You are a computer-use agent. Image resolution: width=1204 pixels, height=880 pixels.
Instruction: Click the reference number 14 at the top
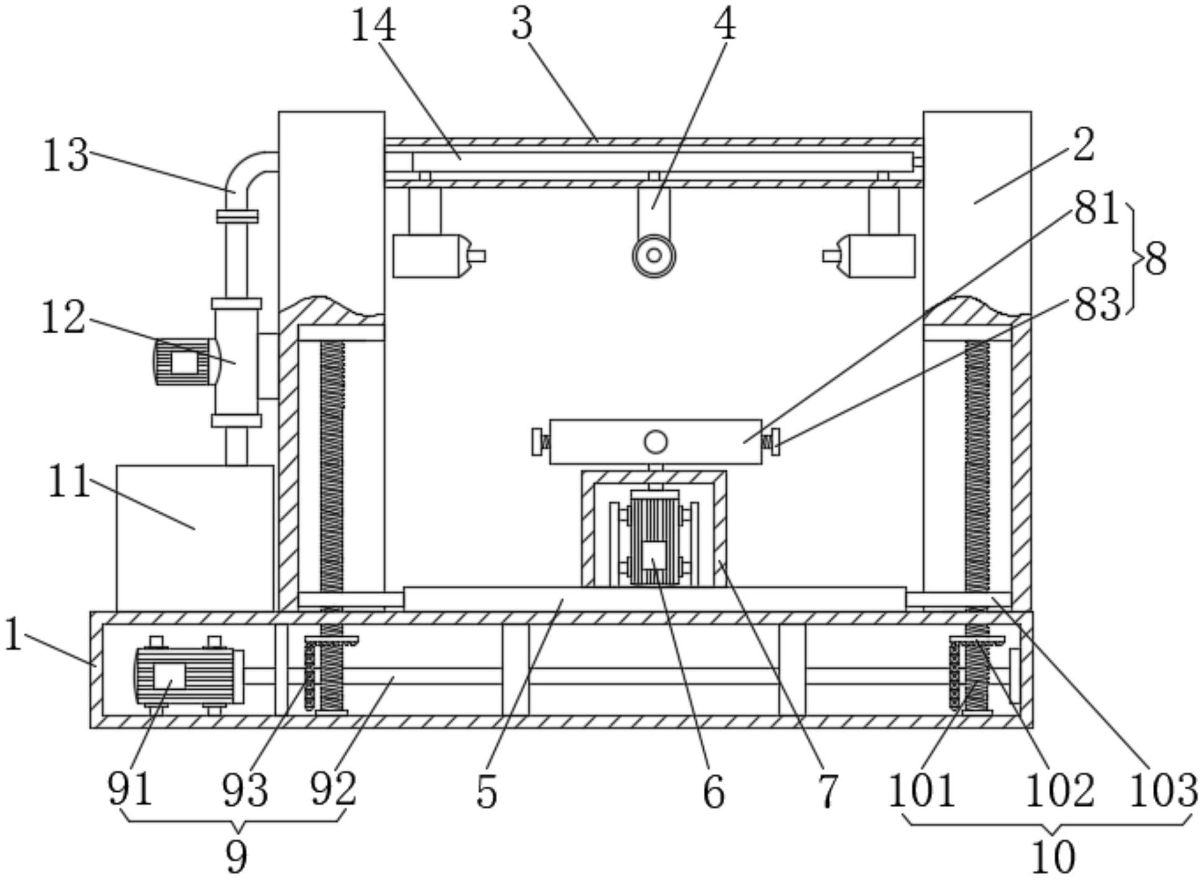click(x=373, y=26)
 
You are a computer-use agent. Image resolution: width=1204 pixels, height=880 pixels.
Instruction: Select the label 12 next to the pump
click(x=63, y=317)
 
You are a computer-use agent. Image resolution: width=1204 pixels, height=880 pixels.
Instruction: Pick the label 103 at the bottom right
click(x=1163, y=790)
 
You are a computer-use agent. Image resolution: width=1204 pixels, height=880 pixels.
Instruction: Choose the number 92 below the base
click(x=334, y=789)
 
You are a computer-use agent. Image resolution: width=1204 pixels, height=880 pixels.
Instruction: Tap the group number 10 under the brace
click(x=1053, y=857)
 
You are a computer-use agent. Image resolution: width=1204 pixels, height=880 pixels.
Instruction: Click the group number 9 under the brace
click(x=236, y=857)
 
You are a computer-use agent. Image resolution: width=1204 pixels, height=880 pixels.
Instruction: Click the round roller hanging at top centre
click(x=654, y=255)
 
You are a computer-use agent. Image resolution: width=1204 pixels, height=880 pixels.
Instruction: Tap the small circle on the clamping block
click(x=655, y=442)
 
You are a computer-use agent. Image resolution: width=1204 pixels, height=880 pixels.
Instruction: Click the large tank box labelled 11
click(x=194, y=538)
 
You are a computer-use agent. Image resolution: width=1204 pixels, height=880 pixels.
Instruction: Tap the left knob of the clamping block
click(x=538, y=442)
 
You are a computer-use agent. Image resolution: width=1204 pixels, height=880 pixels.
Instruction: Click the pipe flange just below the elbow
click(x=237, y=216)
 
